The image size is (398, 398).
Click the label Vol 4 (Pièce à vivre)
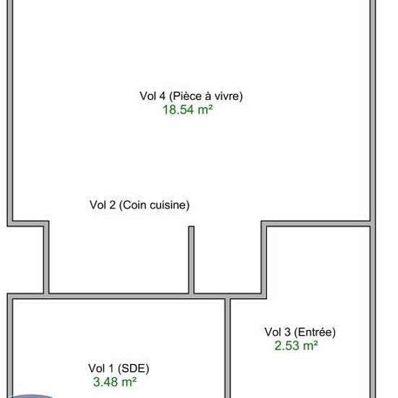[191, 96]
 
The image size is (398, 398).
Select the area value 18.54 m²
[187, 110]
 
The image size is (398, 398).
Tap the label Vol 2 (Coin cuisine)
[140, 205]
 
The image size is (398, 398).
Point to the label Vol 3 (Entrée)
[300, 332]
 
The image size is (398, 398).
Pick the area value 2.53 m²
[296, 346]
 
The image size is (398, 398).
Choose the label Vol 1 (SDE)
[119, 368]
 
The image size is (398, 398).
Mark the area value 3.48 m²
[115, 382]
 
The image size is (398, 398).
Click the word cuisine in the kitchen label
[168, 205]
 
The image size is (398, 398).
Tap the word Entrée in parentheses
[315, 332]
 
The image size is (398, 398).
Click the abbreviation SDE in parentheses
[134, 368]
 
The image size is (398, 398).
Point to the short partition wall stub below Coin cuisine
[191, 260]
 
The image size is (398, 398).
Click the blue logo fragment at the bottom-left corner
[30, 397]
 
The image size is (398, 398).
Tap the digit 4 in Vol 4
[162, 96]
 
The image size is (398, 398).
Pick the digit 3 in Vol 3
[287, 332]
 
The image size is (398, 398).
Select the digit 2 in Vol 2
[112, 205]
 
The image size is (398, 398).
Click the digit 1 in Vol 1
[111, 368]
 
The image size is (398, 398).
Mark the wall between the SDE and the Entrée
[227, 348]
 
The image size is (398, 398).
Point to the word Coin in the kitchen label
[135, 205]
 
